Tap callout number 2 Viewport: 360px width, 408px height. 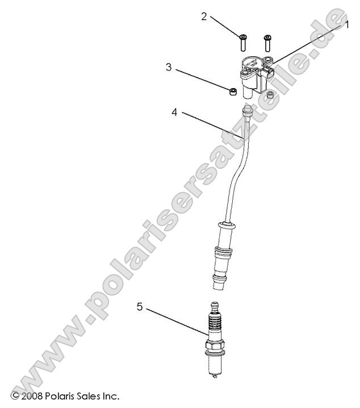tap(204, 16)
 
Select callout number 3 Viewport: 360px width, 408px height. tap(169, 68)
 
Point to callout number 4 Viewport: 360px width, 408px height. tap(174, 113)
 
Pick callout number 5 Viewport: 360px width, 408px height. tap(139, 307)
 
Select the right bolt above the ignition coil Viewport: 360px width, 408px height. tap(267, 42)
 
